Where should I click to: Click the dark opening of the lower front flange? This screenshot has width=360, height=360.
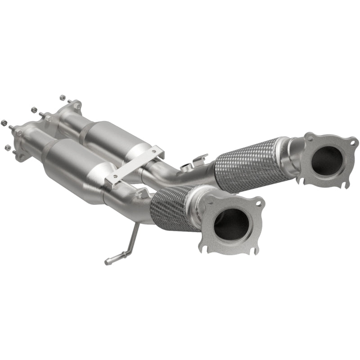tap(231, 223)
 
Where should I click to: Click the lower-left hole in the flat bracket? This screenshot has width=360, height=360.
tap(115, 176)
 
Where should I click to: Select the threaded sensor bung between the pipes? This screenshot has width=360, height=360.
tap(185, 168)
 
